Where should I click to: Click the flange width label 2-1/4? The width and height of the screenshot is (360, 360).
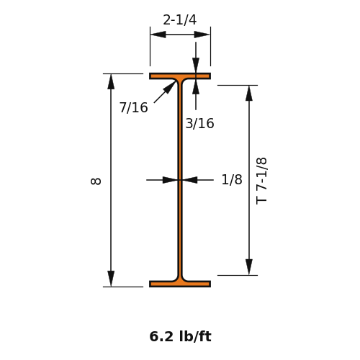tap(180, 20)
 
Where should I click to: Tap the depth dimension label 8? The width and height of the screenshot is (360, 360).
tap(96, 181)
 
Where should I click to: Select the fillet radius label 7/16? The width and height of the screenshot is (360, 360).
tap(134, 107)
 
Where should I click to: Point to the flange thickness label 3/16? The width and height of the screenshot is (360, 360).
tap(199, 124)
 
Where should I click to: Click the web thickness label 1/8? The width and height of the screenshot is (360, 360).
tap(232, 179)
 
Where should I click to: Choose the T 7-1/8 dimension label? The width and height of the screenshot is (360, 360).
tap(261, 181)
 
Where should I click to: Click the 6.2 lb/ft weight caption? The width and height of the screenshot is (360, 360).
tap(180, 336)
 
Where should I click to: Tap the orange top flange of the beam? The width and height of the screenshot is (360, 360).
tap(180, 76)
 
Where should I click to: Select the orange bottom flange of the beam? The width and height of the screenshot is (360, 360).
tap(180, 284)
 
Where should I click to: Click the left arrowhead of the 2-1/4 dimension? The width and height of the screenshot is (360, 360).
tap(158, 35)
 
